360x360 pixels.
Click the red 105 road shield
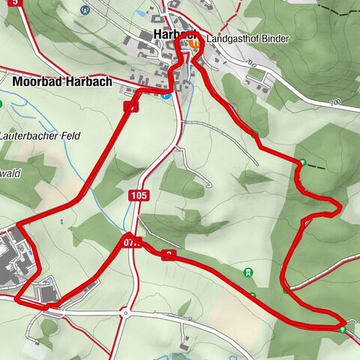coord(139,196)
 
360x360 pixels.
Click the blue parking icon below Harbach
coord(166,94)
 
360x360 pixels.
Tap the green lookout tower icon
coord(248,272)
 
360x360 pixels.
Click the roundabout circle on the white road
coord(126,313)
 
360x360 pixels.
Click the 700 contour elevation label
coord(334,102)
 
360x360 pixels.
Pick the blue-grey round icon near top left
coord(85,10)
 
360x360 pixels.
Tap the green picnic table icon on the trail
coord(343,328)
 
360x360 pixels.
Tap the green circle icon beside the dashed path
coord(303,163)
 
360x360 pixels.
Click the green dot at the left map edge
coord(1,103)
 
